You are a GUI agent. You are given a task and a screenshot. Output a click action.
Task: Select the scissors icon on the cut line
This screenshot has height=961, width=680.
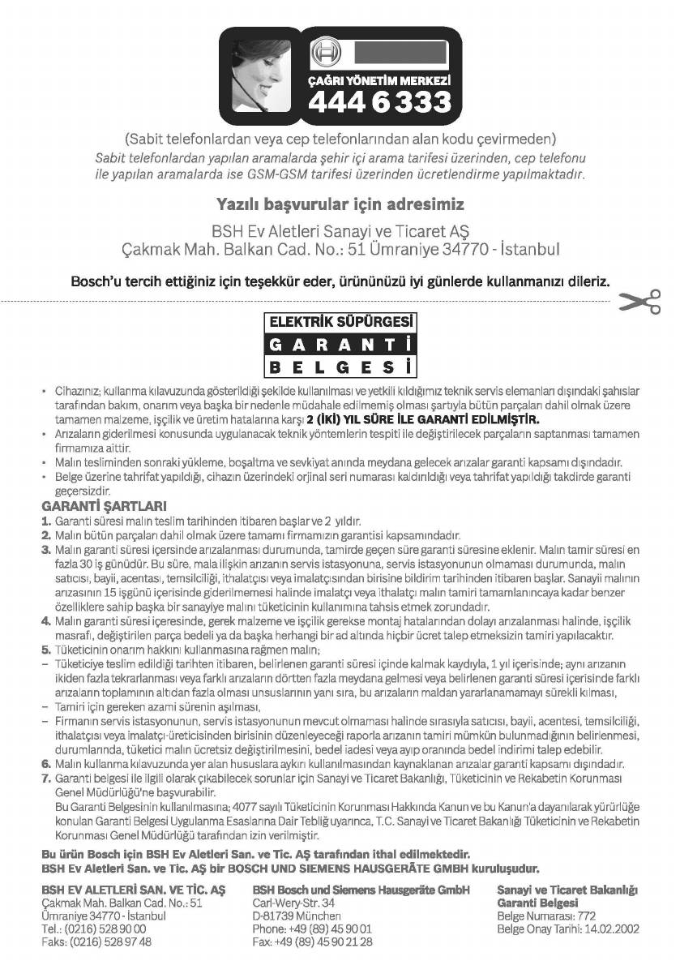[x=641, y=301]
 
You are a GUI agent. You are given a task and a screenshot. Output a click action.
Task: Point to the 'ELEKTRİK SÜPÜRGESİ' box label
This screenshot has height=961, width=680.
[x=340, y=321]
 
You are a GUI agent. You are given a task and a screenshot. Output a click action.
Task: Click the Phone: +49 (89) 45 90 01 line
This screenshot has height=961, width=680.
[x=312, y=929]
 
